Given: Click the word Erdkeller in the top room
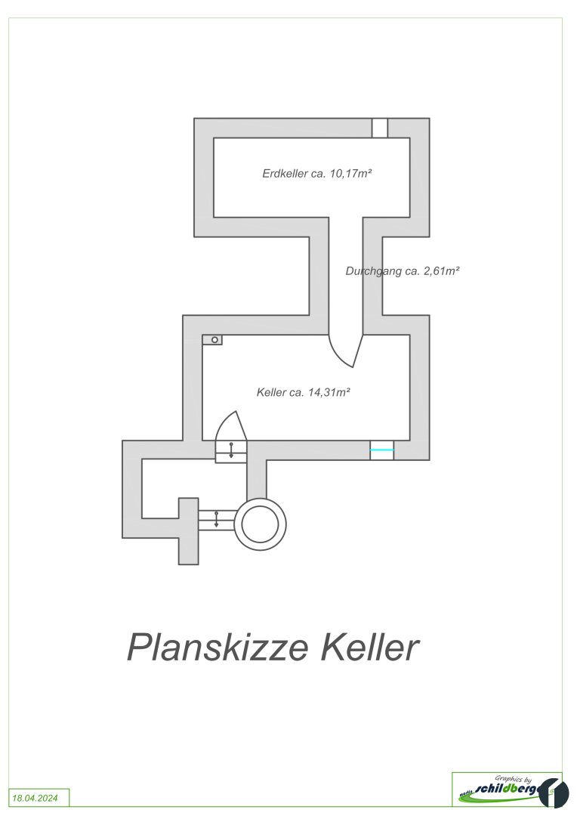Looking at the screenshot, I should [x=285, y=173].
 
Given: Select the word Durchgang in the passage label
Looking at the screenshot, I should [x=373, y=270].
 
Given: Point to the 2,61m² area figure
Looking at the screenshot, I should [x=440, y=270].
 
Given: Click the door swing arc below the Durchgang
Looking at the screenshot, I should [x=346, y=351].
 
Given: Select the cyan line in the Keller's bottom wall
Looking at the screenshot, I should [x=382, y=450].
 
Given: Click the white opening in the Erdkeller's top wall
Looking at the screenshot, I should [x=380, y=128].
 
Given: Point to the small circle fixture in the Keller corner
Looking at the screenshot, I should [x=215, y=340].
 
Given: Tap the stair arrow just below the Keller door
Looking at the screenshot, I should [x=231, y=451].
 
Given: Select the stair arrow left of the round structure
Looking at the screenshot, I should [x=217, y=520].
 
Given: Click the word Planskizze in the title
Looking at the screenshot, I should [x=218, y=648].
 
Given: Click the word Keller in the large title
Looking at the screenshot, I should [x=369, y=648].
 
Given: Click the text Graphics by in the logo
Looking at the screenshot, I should [x=514, y=778].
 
